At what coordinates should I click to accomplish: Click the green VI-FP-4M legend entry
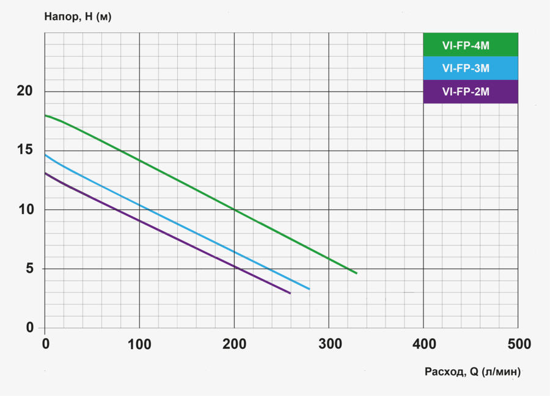pyautogui.click(x=471, y=45)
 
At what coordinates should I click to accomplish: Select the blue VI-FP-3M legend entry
pyautogui.click(x=471, y=68)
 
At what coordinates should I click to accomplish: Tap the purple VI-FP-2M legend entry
pyautogui.click(x=471, y=92)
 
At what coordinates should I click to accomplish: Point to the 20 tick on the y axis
pyautogui.click(x=24, y=92)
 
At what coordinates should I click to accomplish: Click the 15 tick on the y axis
pyautogui.click(x=24, y=151)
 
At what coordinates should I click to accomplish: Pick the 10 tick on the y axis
pyautogui.click(x=24, y=210)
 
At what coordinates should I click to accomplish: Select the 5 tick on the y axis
pyautogui.click(x=29, y=269)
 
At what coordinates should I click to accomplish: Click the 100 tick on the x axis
pyautogui.click(x=139, y=345)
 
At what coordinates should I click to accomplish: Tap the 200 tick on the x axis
pyautogui.click(x=234, y=345)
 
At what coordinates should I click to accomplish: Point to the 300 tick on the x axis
pyautogui.click(x=329, y=345)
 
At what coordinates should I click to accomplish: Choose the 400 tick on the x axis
pyautogui.click(x=424, y=345)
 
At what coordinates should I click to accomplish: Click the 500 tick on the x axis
pyautogui.click(x=518, y=345)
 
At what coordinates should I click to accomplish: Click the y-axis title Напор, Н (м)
pyautogui.click(x=78, y=16)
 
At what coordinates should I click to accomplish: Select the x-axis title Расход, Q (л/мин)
pyautogui.click(x=472, y=372)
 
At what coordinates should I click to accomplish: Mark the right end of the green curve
pyautogui.click(x=356, y=273)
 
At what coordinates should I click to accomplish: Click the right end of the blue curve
pyautogui.click(x=309, y=289)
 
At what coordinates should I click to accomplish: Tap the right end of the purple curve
pyautogui.click(x=290, y=293)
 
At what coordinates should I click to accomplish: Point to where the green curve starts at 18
pyautogui.click(x=45, y=115)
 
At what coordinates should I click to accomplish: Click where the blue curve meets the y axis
pyautogui.click(x=45, y=154)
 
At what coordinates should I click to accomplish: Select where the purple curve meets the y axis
pyautogui.click(x=45, y=173)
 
